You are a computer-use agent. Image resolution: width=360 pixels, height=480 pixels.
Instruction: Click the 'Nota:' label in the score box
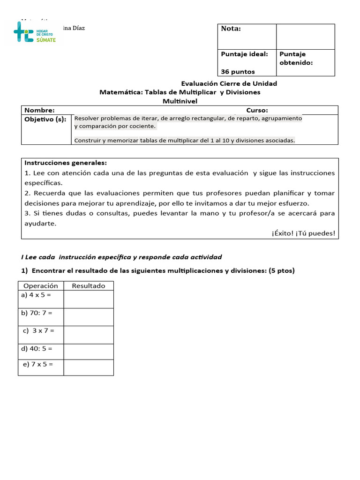tap(231, 29)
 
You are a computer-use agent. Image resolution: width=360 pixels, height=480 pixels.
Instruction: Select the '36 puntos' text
tap(238, 72)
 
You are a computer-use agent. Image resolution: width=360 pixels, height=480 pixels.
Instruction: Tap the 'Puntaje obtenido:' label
tap(296, 58)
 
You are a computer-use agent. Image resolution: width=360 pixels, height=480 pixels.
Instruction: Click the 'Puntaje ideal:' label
tap(244, 54)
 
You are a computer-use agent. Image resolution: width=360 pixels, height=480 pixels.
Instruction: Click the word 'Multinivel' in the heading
tap(180, 101)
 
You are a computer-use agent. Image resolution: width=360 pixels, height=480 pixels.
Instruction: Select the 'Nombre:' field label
tap(39, 110)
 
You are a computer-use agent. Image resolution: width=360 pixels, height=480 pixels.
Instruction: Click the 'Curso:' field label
tap(257, 110)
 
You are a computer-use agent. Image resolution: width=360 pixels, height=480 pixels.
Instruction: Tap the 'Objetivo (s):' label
tap(45, 119)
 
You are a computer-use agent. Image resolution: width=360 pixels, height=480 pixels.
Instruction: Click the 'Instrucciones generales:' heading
tap(66, 163)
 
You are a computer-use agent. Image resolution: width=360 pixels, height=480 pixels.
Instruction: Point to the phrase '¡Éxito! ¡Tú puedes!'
tap(303, 233)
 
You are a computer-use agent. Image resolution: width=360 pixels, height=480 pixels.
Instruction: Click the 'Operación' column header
tap(40, 285)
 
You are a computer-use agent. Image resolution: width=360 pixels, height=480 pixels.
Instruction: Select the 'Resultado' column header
tap(88, 285)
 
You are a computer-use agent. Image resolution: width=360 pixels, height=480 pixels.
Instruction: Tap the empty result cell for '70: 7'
tap(88, 317)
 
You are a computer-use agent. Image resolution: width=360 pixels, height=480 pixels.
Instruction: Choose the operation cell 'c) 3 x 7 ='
tap(39, 330)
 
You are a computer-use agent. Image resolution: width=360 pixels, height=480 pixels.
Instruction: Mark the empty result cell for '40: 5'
tap(88, 352)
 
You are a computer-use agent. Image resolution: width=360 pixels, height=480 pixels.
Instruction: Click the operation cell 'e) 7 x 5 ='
tap(38, 364)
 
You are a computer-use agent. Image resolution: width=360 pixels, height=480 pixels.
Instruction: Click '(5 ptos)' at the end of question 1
tap(282, 271)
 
